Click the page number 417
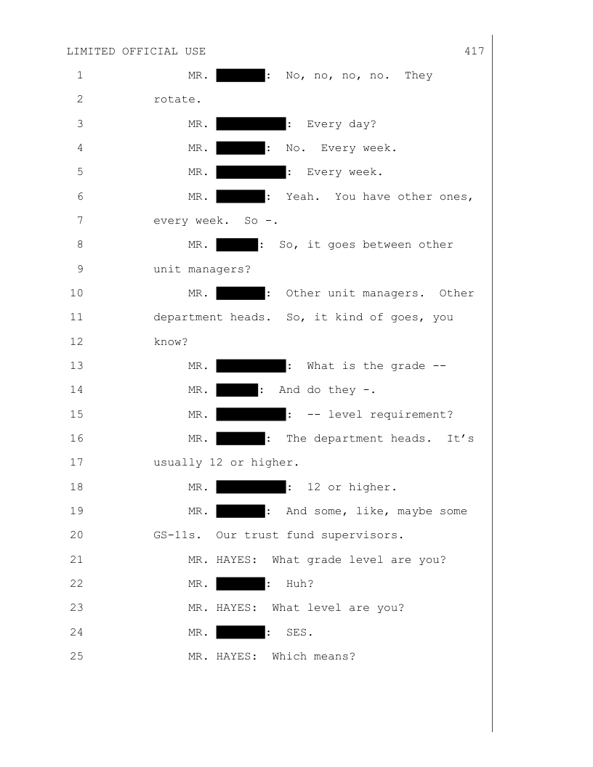tap(474, 52)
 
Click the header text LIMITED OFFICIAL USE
tap(136, 52)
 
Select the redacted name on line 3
tap(251, 123)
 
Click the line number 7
tap(80, 220)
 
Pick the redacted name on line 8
tap(237, 245)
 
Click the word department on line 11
tap(188, 317)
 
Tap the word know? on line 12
tap(171, 342)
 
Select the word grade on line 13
tap(408, 366)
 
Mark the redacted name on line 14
tap(237, 390)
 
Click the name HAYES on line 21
tap(236, 559)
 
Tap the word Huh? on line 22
tap(300, 583)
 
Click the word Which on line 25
tap(289, 657)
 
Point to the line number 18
tap(77, 487)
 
